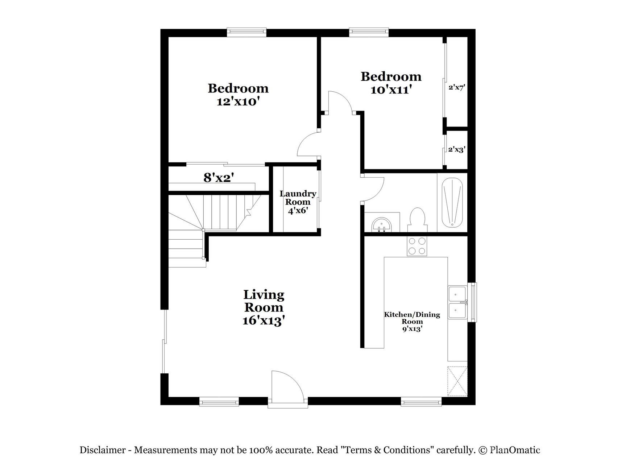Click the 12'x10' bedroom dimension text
coord(238,101)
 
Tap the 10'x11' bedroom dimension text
coord(391,90)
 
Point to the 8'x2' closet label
coord(218,178)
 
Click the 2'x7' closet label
coord(456,87)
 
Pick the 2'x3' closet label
coord(456,149)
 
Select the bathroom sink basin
coord(382,225)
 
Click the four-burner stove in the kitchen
coord(417,245)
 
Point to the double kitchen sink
coord(457,302)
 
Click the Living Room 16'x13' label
coord(264,308)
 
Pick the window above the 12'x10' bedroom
coord(246,32)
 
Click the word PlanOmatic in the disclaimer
coord(515,450)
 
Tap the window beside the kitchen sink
coord(472,302)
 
